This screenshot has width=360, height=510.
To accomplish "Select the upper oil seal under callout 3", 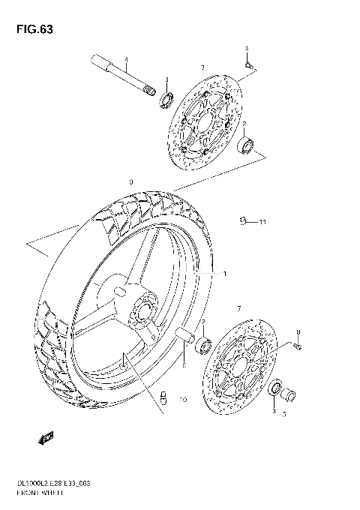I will click(166, 100).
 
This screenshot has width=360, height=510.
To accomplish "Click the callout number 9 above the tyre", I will click(130, 182).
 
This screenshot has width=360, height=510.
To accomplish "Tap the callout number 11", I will click(262, 222).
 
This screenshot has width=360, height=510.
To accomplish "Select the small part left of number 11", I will click(244, 220).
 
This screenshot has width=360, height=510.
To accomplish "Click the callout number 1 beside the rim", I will click(223, 274).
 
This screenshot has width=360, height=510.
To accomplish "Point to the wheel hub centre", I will click(142, 310).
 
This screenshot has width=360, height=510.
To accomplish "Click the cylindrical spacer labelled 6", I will click(187, 336).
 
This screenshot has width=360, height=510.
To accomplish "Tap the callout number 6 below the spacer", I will click(182, 365).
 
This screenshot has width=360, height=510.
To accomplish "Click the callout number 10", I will click(181, 400).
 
